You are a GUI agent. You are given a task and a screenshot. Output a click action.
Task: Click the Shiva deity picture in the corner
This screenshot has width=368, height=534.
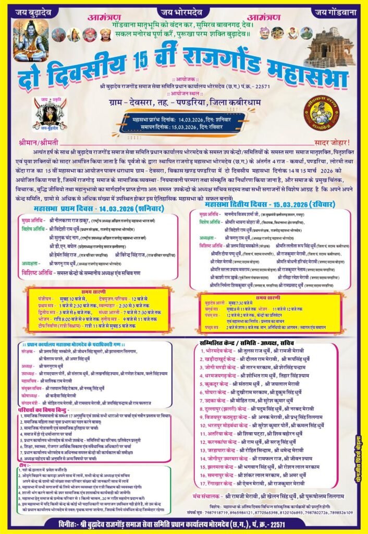(x=30, y=39)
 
